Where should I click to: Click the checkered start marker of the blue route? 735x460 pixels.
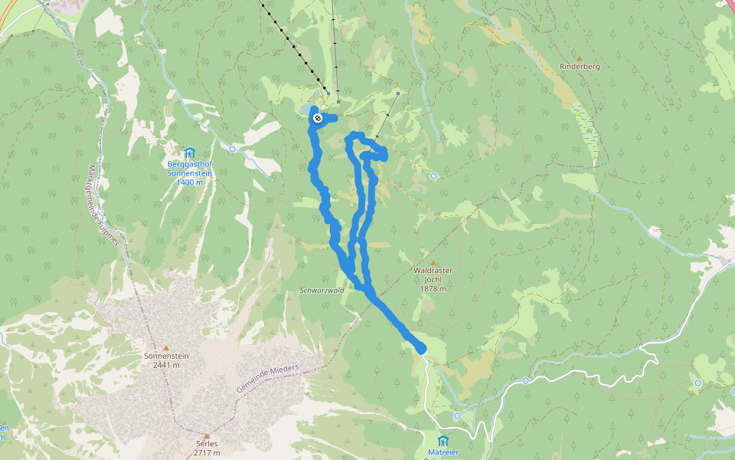[x=317, y=118]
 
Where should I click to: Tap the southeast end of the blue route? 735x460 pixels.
[x=420, y=349]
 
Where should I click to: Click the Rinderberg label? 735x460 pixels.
[x=580, y=67]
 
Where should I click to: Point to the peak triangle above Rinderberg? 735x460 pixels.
[x=580, y=58]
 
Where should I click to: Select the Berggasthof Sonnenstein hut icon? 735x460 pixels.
[x=189, y=152]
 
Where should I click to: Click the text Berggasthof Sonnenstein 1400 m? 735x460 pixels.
[x=189, y=172]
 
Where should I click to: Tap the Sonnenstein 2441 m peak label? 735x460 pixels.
[x=166, y=360]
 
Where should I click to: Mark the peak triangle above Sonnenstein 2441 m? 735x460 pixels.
[x=166, y=347]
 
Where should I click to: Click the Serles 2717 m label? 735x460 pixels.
[x=207, y=448]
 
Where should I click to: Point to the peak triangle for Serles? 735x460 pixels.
[x=207, y=435]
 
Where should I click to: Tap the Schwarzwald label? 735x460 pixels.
[x=322, y=290]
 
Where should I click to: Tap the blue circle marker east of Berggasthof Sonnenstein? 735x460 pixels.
[x=232, y=149]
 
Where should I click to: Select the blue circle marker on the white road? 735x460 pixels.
[x=526, y=380]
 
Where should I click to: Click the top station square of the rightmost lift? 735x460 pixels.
[x=399, y=94]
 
